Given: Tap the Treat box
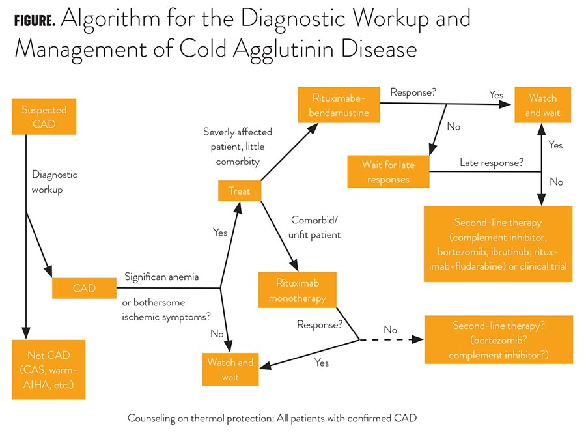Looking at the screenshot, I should point(240,191).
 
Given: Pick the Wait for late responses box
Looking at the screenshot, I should point(388,172).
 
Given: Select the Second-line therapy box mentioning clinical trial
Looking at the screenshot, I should point(498,244).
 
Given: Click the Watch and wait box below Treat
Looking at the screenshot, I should point(230,369).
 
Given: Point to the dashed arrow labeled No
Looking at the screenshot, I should point(391,339).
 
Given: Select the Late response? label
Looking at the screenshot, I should point(492,162).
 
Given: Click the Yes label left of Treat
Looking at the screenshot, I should point(221,231).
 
